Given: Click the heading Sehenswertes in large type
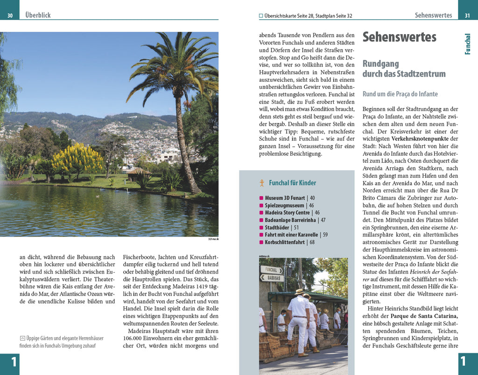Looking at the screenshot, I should (399, 37).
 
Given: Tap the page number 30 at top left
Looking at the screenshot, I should (10, 16).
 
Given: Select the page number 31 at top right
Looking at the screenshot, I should (467, 16).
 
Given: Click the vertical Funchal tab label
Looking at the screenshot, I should (468, 44).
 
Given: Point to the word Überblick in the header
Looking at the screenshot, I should (38, 15).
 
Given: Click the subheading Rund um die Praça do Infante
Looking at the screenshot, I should (400, 94).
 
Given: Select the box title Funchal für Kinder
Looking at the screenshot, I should (292, 183).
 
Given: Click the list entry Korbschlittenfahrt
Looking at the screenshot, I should (286, 242).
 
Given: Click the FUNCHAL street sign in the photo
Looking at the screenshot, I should (271, 270).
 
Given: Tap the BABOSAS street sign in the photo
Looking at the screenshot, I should (271, 278).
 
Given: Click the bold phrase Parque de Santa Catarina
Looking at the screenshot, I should (424, 316).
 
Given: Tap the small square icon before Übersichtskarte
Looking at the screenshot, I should (261, 16).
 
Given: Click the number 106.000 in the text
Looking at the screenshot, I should (133, 338).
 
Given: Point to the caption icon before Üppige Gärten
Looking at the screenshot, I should (22, 338).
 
